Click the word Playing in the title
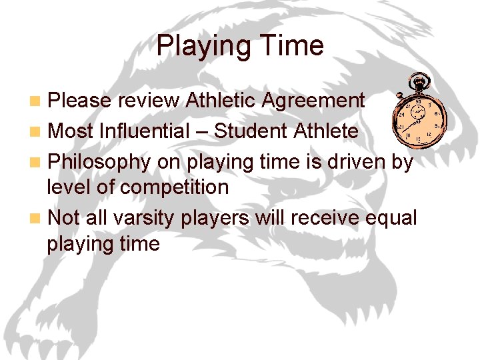click(x=200, y=45)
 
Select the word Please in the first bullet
click(x=79, y=101)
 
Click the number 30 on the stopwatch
click(x=418, y=101)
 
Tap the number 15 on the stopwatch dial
click(x=418, y=138)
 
